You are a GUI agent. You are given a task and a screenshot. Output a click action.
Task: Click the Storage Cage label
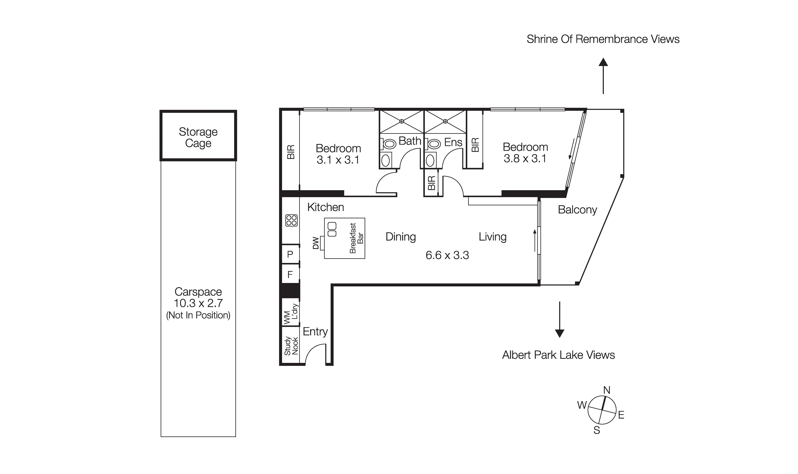pos(198,137)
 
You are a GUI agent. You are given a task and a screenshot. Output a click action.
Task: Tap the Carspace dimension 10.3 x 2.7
pos(198,303)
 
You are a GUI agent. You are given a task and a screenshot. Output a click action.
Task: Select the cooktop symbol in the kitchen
pos(291,220)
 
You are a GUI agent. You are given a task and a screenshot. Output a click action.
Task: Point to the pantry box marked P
pos(290,255)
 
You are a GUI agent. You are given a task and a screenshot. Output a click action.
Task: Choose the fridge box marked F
pos(290,274)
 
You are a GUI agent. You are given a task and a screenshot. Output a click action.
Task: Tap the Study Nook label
pos(291,346)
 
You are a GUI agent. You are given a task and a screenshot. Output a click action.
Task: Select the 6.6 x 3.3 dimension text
pos(447,255)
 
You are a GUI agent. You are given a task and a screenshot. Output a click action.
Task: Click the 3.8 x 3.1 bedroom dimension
pos(525,158)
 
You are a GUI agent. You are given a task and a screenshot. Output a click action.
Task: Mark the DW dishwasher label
pos(316,243)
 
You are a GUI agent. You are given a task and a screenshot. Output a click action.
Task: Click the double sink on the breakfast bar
pos(332,229)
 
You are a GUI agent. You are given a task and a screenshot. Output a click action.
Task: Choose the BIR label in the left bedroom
pos(291,152)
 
